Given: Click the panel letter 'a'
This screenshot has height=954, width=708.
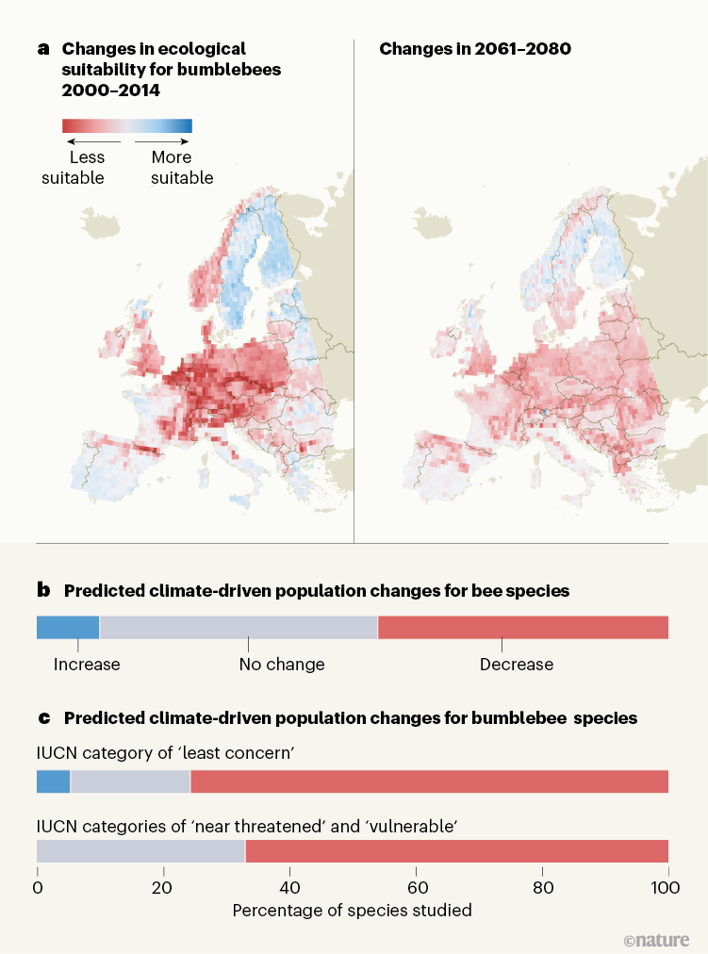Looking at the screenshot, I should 42,47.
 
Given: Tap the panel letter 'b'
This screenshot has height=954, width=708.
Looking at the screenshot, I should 42,591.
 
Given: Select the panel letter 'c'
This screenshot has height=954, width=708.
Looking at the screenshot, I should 42,718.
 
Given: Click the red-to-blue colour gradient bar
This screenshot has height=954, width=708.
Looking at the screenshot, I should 126,125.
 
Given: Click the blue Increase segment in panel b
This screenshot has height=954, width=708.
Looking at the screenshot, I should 68,627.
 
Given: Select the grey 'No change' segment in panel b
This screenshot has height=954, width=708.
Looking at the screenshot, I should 239,627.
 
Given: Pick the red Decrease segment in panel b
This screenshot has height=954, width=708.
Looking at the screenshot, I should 522,627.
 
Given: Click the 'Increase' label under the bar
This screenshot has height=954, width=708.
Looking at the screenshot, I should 87,665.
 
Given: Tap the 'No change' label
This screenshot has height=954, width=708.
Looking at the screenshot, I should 282,665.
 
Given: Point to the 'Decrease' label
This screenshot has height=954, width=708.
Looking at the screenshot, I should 517,665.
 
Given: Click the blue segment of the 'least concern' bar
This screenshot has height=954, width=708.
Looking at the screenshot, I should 53,781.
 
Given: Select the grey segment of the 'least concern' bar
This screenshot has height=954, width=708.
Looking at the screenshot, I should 130,781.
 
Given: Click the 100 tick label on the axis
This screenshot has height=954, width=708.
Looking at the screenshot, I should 667,887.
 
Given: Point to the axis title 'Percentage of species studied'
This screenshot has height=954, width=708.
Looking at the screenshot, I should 352,911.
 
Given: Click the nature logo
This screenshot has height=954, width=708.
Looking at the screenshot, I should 657,940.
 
